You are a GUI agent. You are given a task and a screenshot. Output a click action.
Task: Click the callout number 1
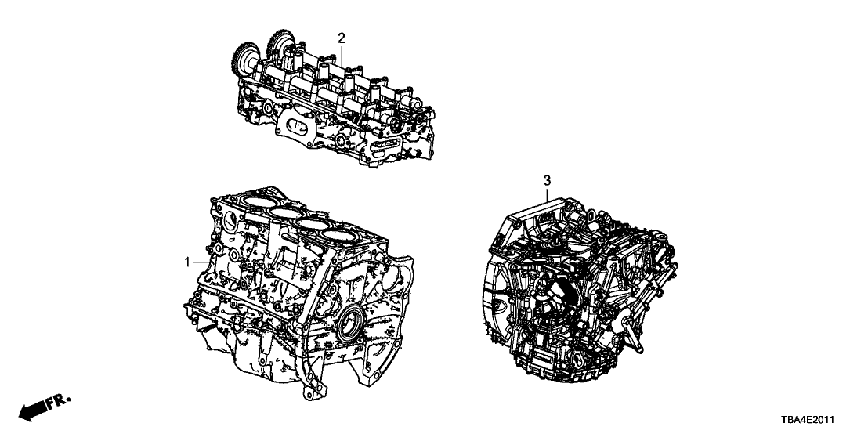coord(188,262)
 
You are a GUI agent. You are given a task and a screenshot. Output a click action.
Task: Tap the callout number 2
coord(342,38)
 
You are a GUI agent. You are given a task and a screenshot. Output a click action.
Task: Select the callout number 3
coord(547,180)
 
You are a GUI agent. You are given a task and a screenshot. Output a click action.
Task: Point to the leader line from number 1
coord(201,262)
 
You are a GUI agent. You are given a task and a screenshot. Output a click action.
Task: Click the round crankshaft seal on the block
coord(350,324)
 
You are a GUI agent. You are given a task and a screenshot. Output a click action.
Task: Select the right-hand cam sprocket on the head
coord(280,45)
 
